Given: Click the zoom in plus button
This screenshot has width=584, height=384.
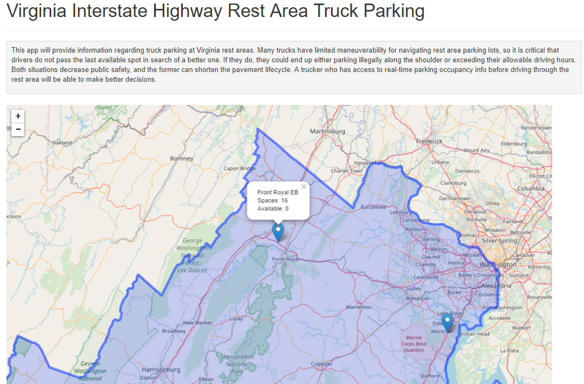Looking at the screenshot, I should [18, 116].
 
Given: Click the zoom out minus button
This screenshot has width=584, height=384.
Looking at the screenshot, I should [18, 129].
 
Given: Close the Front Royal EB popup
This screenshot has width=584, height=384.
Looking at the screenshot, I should [304, 187].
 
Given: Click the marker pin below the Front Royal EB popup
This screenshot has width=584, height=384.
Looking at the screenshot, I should [278, 232].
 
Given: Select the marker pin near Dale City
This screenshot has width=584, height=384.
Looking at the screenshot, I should [447, 323].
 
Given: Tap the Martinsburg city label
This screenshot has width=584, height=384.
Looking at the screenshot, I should [327, 131].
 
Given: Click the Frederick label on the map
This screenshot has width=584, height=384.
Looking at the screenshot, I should [429, 141].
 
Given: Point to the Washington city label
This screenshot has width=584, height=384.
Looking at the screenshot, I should [498, 264].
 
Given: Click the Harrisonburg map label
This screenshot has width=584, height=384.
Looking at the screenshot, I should [161, 370].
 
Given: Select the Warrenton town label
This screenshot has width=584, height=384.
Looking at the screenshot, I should [358, 307].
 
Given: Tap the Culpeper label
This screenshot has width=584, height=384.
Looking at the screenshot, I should [321, 364].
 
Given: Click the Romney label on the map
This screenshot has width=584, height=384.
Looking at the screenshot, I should [182, 158].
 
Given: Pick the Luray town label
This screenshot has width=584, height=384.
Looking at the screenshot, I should [235, 319].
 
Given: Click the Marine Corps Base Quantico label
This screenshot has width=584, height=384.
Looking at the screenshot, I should [414, 344].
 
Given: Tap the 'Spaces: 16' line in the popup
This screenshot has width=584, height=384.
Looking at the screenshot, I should [273, 200].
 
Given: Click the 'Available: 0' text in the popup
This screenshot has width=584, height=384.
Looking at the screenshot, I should [273, 209].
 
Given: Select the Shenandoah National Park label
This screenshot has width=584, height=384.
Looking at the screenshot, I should [236, 364].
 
